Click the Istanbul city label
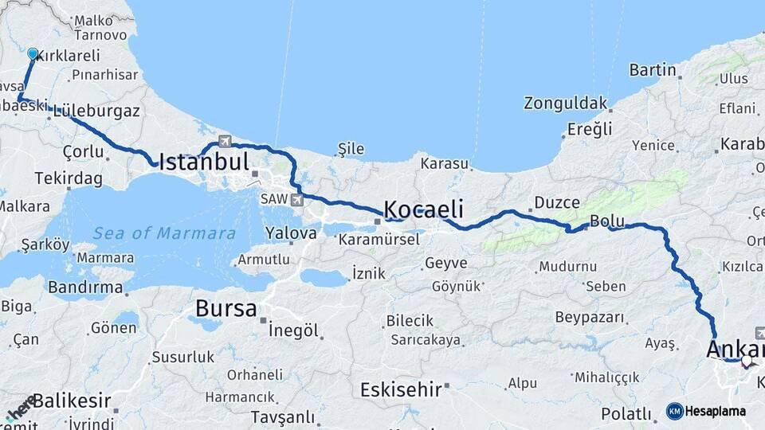click(x=204, y=162)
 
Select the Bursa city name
click(x=226, y=308)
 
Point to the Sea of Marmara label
click(x=164, y=233)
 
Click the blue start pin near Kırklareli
click(x=33, y=53)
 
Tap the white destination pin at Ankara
click(x=747, y=361)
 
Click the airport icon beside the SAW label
click(x=297, y=199)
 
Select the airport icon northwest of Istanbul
click(x=225, y=141)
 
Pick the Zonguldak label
click(x=565, y=104)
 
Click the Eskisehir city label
click(x=401, y=389)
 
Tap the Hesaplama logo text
click(x=716, y=411)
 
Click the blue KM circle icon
click(x=675, y=411)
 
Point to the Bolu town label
click(x=605, y=221)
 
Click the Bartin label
click(x=653, y=70)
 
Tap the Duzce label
click(x=557, y=202)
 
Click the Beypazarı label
click(x=590, y=317)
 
